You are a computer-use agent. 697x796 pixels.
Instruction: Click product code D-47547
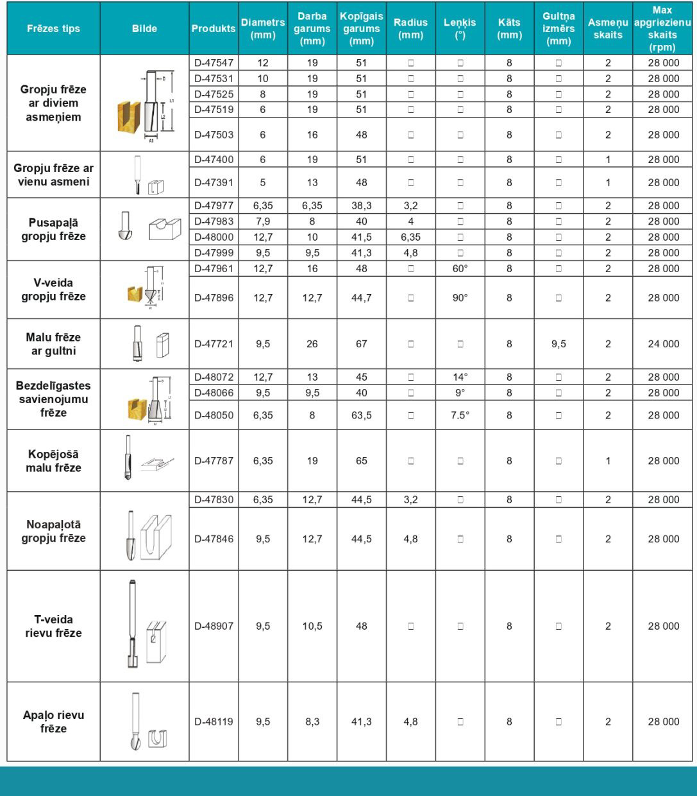(214, 63)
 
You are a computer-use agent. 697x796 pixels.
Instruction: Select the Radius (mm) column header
(410, 28)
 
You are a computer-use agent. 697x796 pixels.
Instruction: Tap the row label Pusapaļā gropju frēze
(53, 229)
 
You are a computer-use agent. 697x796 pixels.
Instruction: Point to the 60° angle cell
(460, 268)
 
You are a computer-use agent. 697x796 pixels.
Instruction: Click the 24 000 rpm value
(663, 343)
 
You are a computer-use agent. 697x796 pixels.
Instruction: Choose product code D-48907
(214, 626)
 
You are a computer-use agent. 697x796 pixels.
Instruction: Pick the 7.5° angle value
(460, 415)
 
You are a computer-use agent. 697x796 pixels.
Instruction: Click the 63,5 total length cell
(362, 415)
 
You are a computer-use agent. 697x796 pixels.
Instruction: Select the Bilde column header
(144, 28)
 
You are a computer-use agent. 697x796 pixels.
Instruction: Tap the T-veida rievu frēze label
(53, 626)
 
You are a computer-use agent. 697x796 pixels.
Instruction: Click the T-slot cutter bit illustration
(132, 625)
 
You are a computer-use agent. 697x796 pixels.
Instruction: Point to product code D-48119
(214, 722)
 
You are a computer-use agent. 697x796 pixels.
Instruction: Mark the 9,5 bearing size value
(558, 343)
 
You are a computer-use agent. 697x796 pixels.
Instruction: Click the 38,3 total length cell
(362, 206)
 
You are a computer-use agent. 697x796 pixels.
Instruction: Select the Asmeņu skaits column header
(608, 28)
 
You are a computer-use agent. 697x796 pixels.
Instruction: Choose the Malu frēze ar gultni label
(53, 343)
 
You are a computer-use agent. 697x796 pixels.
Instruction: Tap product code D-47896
(214, 298)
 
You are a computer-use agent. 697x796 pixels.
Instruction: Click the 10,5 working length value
(312, 626)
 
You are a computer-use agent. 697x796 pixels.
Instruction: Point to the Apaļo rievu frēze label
(53, 722)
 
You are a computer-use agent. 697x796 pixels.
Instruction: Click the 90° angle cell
(460, 298)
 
